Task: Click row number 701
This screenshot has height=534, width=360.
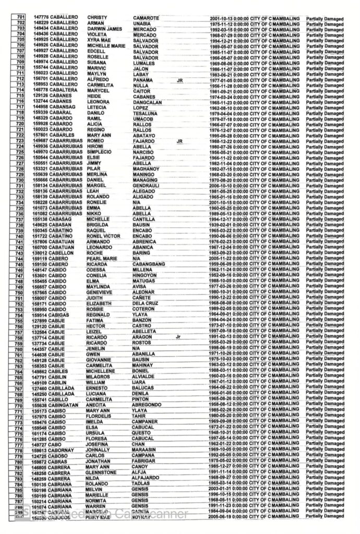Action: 20,18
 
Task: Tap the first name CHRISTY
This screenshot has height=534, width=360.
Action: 98,18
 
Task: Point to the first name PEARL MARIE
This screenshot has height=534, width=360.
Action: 104,258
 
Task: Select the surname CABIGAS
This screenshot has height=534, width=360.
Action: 61,314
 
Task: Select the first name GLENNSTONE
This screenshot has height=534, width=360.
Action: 104,471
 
